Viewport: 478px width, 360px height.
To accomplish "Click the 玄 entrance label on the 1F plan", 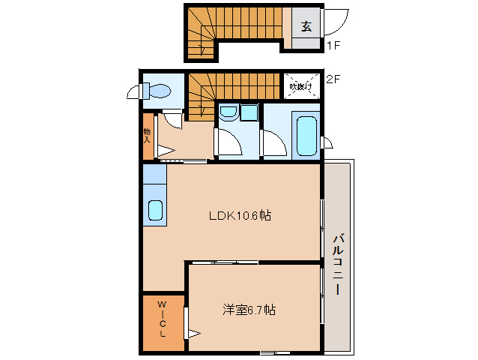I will (x=306, y=26).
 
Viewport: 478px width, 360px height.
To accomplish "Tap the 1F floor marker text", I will (x=334, y=46).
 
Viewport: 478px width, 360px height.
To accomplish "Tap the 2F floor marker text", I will (x=334, y=76).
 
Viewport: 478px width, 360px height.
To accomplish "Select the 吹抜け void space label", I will (x=301, y=86).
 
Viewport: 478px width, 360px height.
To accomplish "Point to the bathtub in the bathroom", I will (x=306, y=134).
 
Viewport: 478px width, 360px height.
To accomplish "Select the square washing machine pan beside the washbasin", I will (x=249, y=112).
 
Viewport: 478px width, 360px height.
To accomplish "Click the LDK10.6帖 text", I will (x=239, y=215).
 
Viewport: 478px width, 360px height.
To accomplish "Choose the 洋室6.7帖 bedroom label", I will (x=248, y=309).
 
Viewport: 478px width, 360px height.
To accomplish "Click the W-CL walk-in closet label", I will (x=162, y=319).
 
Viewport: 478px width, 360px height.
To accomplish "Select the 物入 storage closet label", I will (x=148, y=135).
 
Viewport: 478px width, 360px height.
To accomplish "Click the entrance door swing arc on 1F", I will (x=338, y=18).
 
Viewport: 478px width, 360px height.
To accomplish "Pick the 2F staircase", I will (x=225, y=90).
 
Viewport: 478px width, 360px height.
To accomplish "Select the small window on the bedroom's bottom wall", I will (x=275, y=352).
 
